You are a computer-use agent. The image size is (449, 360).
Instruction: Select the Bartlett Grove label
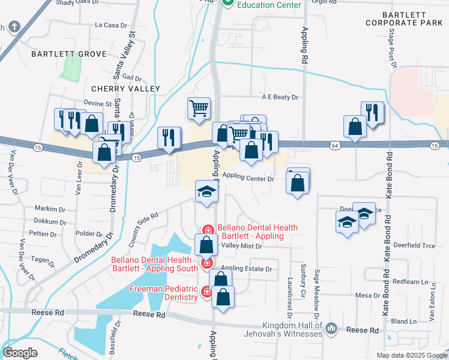click(x=61, y=54)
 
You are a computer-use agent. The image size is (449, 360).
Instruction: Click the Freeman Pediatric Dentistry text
click(x=164, y=293)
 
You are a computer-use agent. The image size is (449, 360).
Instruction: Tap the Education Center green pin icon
click(x=228, y=3)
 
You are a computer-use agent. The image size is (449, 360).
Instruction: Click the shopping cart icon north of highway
click(x=199, y=109)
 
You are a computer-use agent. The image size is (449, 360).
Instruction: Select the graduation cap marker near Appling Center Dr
click(x=206, y=192)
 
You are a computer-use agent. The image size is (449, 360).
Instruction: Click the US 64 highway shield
click(x=334, y=145)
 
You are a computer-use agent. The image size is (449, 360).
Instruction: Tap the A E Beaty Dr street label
click(x=279, y=97)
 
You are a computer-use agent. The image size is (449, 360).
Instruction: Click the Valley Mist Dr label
click(x=243, y=246)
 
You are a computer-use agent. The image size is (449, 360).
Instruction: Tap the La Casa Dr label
click(x=112, y=25)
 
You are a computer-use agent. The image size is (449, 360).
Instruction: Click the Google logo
click(x=20, y=353)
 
